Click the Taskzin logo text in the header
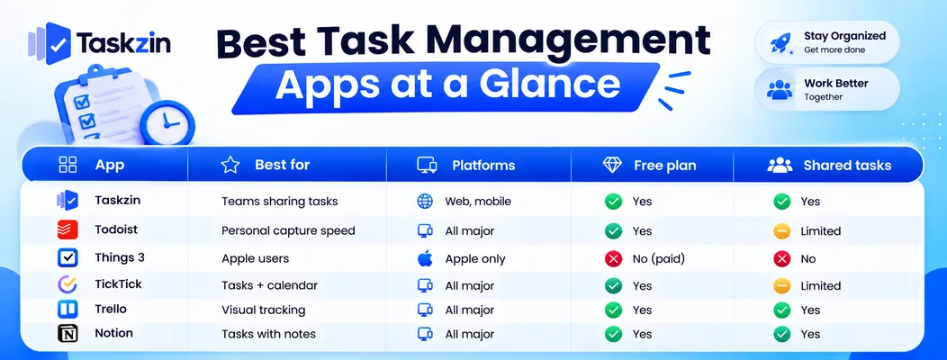123,43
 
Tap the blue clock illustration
167,122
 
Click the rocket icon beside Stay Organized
780,43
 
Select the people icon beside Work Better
780,89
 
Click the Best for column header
282,165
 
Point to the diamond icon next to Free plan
612,166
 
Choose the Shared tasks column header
847,166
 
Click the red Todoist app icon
68,230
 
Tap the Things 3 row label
120,257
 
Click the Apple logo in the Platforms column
425,258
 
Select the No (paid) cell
659,259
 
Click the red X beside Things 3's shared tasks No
782,259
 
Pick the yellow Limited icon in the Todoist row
782,230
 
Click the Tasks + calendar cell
269,285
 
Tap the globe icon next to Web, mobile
425,201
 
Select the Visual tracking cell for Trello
264,310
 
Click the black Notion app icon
68,334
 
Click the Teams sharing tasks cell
280,201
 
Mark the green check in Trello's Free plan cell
613,310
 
